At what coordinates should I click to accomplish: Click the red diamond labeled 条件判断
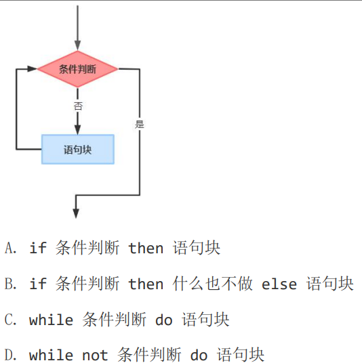[x=78, y=69]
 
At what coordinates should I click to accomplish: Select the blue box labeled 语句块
[x=78, y=149]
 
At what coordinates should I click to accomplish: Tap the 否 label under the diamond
[x=78, y=106]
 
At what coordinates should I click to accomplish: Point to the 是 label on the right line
[x=140, y=125]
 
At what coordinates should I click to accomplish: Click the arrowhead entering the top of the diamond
[x=78, y=45]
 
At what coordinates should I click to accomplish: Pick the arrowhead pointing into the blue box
[x=78, y=129]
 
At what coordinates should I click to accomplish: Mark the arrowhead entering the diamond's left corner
[x=33, y=69]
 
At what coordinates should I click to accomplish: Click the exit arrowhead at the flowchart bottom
[x=76, y=213]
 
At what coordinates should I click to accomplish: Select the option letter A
[x=10, y=248]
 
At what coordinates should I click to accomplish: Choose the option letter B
[x=10, y=284]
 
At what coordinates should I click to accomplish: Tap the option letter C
[x=10, y=320]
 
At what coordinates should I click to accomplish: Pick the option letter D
[x=10, y=355]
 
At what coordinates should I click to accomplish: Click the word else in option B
[x=279, y=284]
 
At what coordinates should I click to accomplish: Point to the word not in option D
[x=95, y=356]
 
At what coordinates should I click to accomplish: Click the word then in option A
[x=146, y=248]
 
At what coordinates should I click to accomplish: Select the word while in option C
[x=51, y=320]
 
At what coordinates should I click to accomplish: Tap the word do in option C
[x=164, y=320]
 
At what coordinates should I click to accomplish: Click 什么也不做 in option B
[x=212, y=284]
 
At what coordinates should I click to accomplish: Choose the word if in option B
[x=38, y=284]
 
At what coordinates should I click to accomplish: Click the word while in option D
[x=51, y=355]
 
